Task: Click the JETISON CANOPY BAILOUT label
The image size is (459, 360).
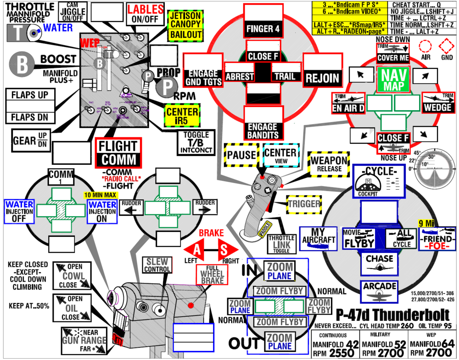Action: click(x=186, y=26)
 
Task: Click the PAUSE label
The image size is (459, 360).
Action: click(x=241, y=155)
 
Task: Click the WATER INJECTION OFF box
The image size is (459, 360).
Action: click(x=17, y=212)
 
